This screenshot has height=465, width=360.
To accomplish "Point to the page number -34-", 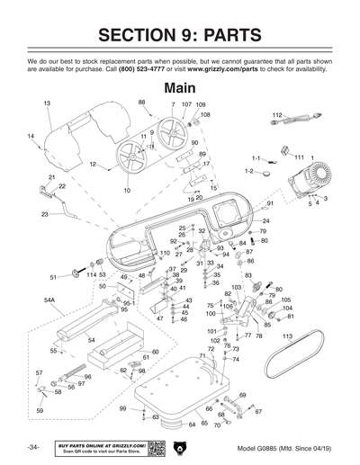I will pyautogui.click(x=32, y=448).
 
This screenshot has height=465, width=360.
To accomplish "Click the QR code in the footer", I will pyautogui.click(x=155, y=448).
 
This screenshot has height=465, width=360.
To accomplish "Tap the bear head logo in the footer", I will pyautogui.click(x=179, y=448).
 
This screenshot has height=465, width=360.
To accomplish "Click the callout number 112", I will pyautogui.click(x=277, y=116).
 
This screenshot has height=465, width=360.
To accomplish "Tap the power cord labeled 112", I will pyautogui.click(x=303, y=123).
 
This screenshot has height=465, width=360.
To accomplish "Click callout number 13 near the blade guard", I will pyautogui.click(x=47, y=104).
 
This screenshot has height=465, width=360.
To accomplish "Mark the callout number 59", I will pyautogui.click(x=40, y=411).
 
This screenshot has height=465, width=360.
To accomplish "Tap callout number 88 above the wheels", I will pyautogui.click(x=141, y=103).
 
